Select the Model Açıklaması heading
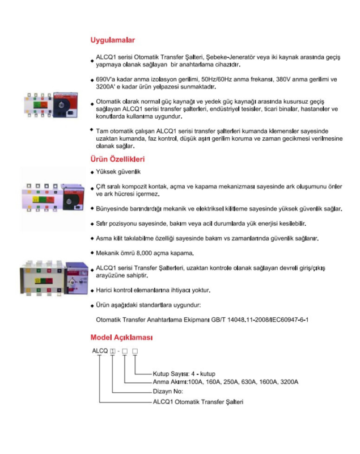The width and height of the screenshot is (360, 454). point(121,338)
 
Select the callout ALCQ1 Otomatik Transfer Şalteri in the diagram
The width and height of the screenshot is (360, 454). point(198,402)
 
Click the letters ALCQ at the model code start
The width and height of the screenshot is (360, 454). point(100,351)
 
